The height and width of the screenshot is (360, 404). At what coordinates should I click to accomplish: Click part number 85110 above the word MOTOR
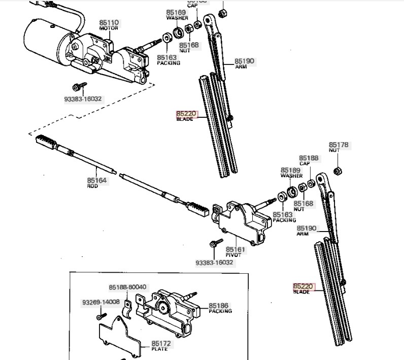coord(109,23)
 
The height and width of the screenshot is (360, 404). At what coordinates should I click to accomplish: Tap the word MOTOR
coord(109,28)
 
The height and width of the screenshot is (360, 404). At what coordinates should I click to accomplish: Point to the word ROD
coord(92,186)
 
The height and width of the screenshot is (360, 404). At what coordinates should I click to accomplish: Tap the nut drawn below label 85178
coord(336,170)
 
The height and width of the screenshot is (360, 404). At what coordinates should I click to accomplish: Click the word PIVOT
coord(233,255)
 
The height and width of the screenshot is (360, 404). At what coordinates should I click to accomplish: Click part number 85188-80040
coord(127,287)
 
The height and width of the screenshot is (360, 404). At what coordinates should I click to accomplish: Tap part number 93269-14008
coord(100,302)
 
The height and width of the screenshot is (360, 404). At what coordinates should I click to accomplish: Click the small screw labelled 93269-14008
coord(98,316)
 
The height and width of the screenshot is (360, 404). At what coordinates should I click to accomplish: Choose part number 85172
coord(161,344)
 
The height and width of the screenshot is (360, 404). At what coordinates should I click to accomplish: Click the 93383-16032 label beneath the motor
coord(83,99)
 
